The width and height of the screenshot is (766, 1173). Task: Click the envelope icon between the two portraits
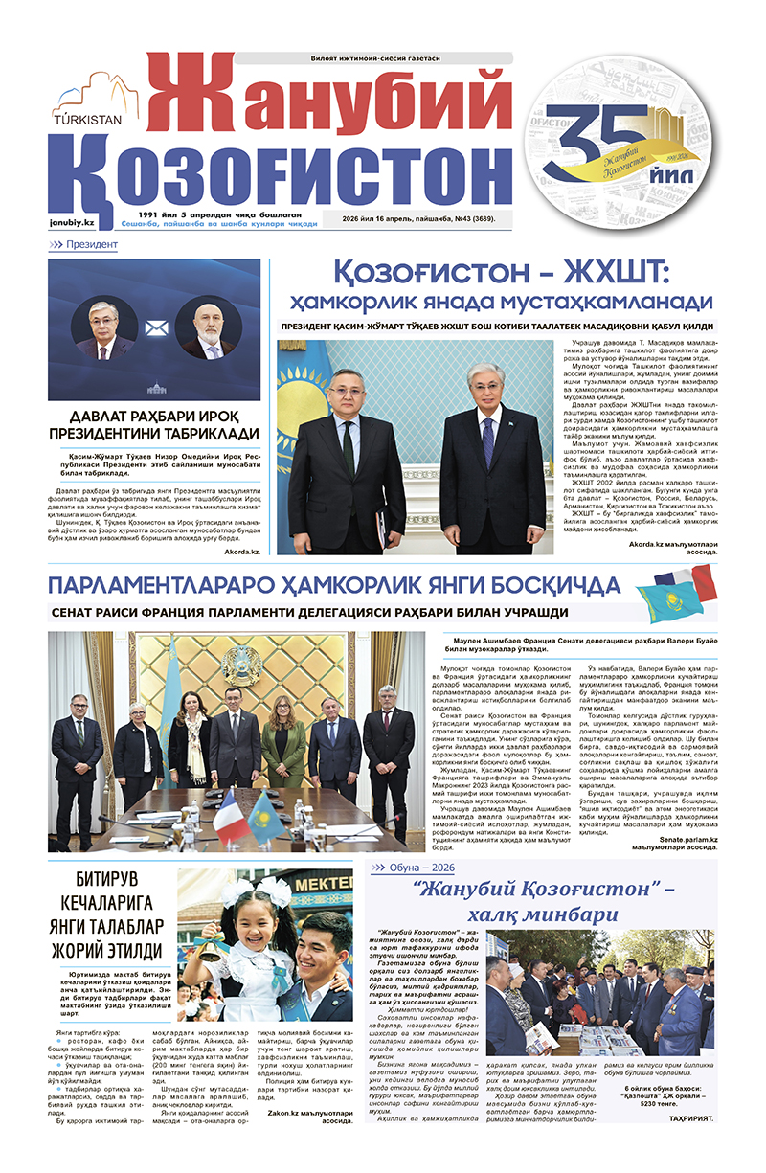[155, 328]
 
